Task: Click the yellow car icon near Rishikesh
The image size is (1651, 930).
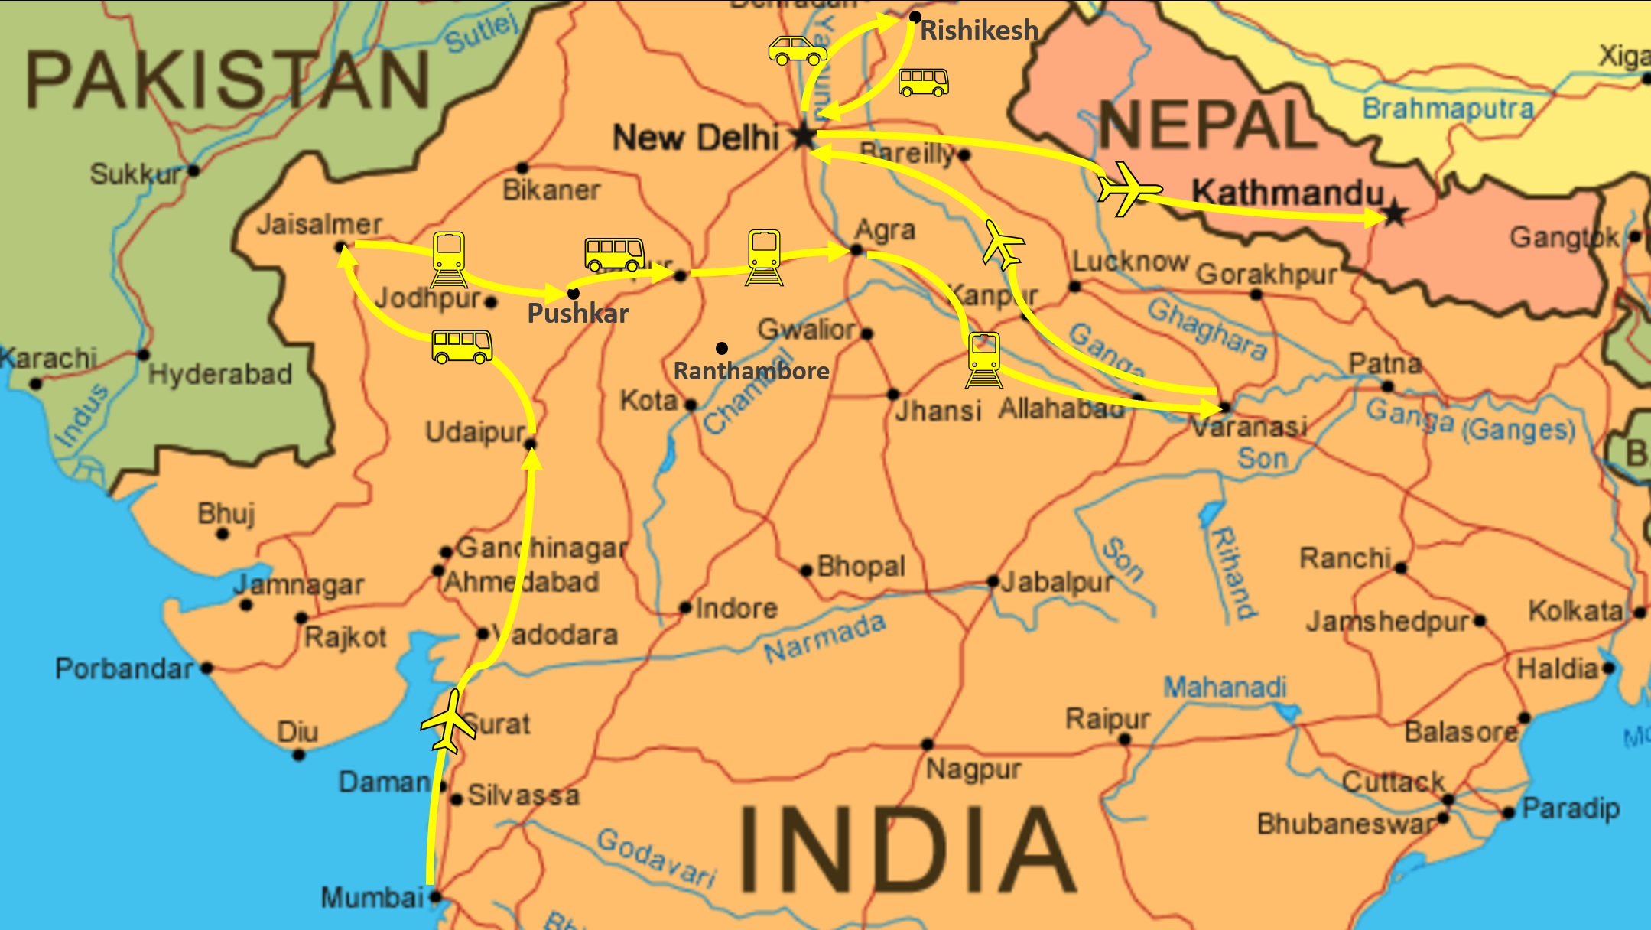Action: tap(798, 50)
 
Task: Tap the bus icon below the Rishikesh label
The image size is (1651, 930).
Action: tap(923, 82)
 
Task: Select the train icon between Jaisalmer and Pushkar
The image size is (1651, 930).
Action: tap(449, 259)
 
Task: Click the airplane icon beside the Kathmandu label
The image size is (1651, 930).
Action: tap(1128, 188)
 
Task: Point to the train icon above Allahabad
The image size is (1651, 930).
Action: tap(984, 359)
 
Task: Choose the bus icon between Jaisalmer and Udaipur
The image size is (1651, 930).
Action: tap(462, 346)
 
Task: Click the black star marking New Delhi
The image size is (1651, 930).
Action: tap(804, 136)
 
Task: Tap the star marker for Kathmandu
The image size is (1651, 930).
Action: tap(1394, 213)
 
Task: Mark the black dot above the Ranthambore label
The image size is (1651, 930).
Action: tap(721, 348)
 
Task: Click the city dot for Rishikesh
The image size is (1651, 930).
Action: tap(915, 17)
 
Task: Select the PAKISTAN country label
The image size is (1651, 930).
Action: tap(227, 80)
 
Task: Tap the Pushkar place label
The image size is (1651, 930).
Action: tap(578, 313)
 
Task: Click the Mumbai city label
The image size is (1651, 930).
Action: tap(372, 896)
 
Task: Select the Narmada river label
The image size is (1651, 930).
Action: tap(824, 638)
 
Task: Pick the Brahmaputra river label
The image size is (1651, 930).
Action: tap(1448, 109)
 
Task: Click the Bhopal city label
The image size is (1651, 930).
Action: tap(860, 567)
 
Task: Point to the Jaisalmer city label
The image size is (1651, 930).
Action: tap(319, 224)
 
